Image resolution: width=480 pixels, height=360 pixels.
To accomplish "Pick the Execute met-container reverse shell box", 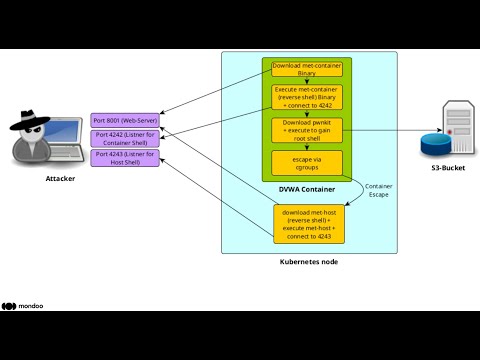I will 307,99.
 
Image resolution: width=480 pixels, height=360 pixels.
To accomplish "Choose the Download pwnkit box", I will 307,131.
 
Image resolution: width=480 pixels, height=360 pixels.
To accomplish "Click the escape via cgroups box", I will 307,162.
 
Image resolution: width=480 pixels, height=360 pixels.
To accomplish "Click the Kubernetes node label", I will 308,262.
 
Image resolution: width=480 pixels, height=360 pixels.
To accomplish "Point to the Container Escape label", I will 379,189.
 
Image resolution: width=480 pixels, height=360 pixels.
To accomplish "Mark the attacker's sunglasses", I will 46,127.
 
